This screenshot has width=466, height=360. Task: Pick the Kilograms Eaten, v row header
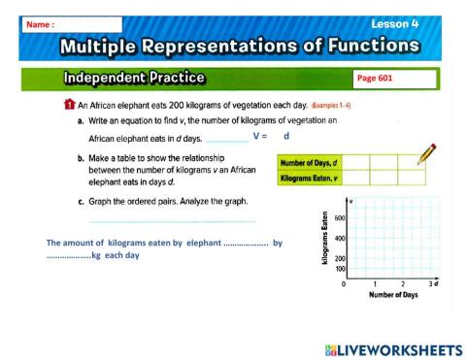(x=309, y=179)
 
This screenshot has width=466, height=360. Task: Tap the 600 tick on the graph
(x=340, y=218)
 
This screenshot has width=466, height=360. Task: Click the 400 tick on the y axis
(x=340, y=239)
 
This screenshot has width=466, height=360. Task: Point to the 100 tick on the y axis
(x=340, y=270)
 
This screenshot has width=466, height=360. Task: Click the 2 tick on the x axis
(x=402, y=284)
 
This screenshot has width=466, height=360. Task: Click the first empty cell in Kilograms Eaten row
(x=355, y=179)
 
